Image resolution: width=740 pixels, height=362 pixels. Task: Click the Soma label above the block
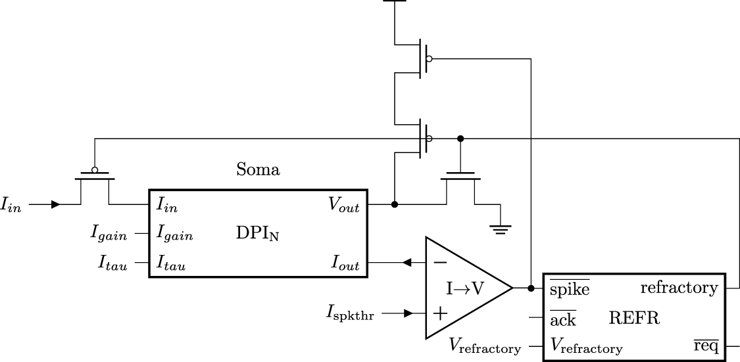point(258,170)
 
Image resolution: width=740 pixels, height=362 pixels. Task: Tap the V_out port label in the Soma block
point(344,204)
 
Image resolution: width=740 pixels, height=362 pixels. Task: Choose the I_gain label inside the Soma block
point(174,234)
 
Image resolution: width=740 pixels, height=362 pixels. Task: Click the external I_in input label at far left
point(11,206)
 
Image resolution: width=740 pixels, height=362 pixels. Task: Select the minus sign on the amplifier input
point(441,262)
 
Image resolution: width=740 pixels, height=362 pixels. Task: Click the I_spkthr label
point(350,314)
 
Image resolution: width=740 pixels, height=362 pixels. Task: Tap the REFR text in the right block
point(634,319)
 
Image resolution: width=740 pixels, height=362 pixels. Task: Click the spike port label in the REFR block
point(569,288)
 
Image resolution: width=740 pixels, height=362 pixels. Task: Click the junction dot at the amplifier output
point(531,288)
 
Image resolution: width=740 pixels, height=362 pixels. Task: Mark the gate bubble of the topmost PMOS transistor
point(429,59)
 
